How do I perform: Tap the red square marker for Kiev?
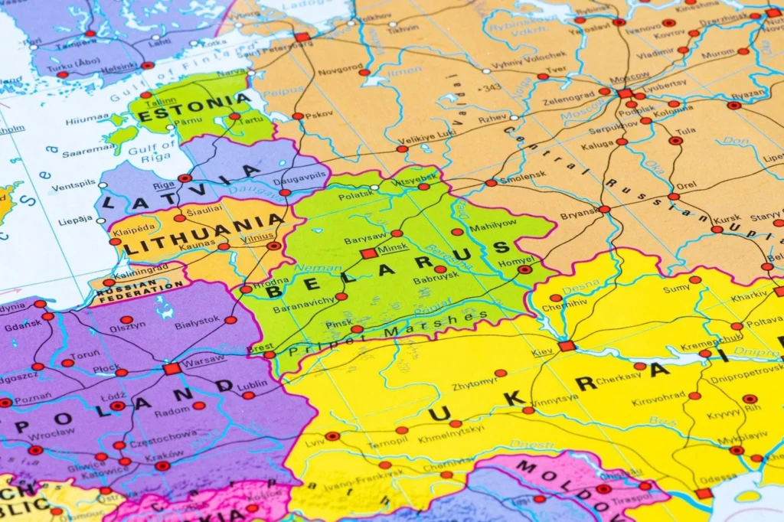567,346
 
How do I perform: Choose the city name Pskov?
318,115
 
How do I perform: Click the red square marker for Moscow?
625,93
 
